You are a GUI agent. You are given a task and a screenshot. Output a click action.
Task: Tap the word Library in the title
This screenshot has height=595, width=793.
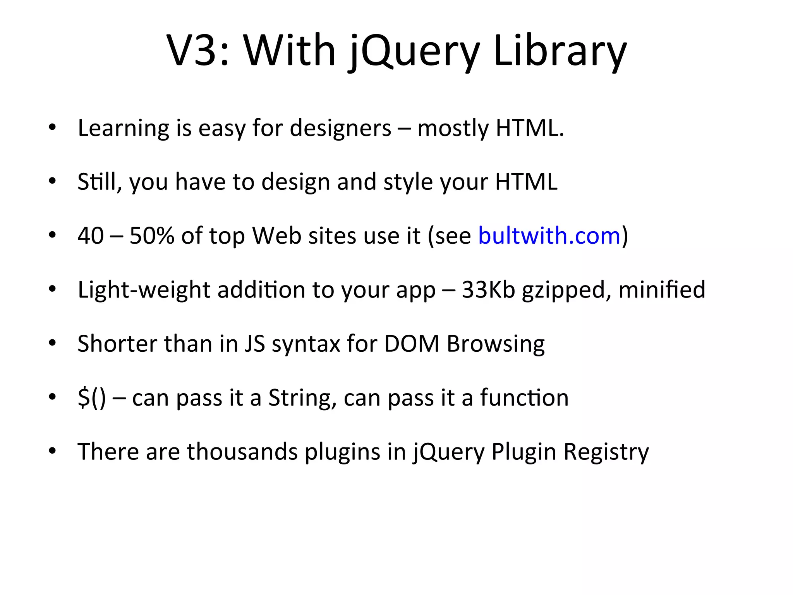560,50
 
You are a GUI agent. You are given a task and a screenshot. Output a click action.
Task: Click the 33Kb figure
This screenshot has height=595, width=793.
488,289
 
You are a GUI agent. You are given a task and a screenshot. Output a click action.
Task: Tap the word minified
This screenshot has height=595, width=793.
662,289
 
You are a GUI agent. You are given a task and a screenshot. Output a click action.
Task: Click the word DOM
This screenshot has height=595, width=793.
412,344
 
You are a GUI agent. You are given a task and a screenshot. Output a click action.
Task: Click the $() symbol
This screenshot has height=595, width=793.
91,398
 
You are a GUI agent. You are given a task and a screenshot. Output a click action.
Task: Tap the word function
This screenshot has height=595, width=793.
524,398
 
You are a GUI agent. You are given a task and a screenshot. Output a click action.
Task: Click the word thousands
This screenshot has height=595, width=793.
242,451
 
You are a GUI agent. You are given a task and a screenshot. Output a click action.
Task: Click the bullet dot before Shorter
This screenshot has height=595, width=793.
53,343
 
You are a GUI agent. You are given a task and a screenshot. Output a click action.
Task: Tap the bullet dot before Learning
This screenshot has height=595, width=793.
53,127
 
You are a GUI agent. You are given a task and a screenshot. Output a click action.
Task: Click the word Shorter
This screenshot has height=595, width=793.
117,344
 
